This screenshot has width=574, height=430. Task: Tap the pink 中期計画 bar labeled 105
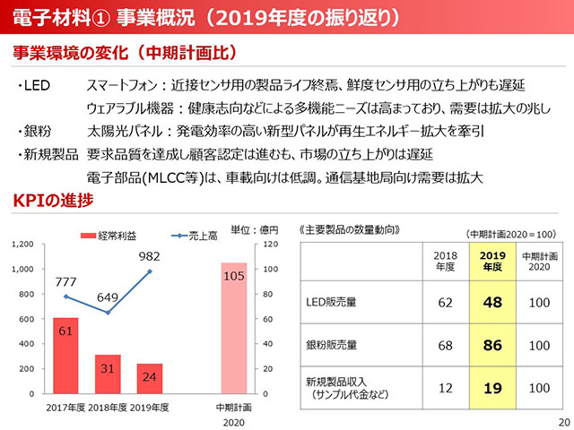point(233,328)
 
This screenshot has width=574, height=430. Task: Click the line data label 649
point(108,298)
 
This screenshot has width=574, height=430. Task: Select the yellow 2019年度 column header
point(491,260)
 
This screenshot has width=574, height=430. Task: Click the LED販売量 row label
point(332,303)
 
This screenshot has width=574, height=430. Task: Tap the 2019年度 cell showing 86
point(491,345)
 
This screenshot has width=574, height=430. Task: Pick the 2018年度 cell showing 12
point(445,387)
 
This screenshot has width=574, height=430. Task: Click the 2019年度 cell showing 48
point(491,303)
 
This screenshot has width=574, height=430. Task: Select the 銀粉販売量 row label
point(333,345)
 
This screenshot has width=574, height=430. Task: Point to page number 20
point(562,421)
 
